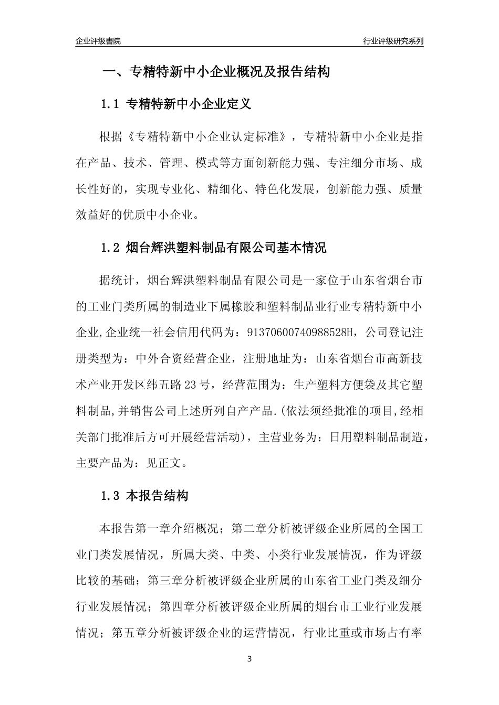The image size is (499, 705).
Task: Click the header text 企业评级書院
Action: pyautogui.click(x=98, y=41)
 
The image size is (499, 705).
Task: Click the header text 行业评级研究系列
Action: pyautogui.click(x=393, y=41)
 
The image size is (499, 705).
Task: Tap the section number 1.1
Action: pyautogui.click(x=111, y=104)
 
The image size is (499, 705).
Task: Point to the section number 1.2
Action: pyautogui.click(x=111, y=248)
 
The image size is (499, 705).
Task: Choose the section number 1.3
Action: pyautogui.click(x=111, y=496)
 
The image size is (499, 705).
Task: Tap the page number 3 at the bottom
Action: pyautogui.click(x=250, y=659)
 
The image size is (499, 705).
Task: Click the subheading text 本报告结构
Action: pyautogui.click(x=158, y=496)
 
